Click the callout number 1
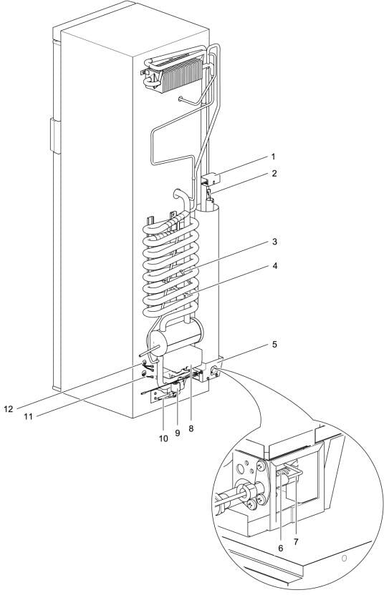tap(273, 157)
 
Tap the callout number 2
tap(274, 174)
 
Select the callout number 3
tap(274, 242)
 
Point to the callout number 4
tap(274, 266)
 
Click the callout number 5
tap(274, 345)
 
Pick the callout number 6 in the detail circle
tap(281, 549)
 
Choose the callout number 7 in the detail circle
tap(296, 542)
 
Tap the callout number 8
tap(191, 428)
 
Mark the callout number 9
tap(178, 433)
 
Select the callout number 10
tap(163, 438)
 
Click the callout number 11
tap(28, 416)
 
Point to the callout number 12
tap(9, 408)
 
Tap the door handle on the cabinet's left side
tap(54, 135)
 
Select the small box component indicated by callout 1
tap(211, 178)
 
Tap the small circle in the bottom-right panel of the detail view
tap(344, 559)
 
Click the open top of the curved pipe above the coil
tap(178, 194)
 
